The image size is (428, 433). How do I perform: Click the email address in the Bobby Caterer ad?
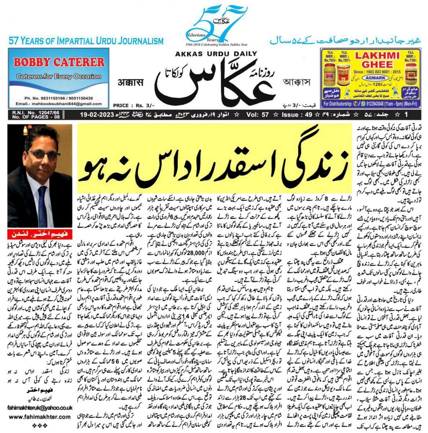click(59, 104)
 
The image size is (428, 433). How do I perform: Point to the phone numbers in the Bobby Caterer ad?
click(59, 98)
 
